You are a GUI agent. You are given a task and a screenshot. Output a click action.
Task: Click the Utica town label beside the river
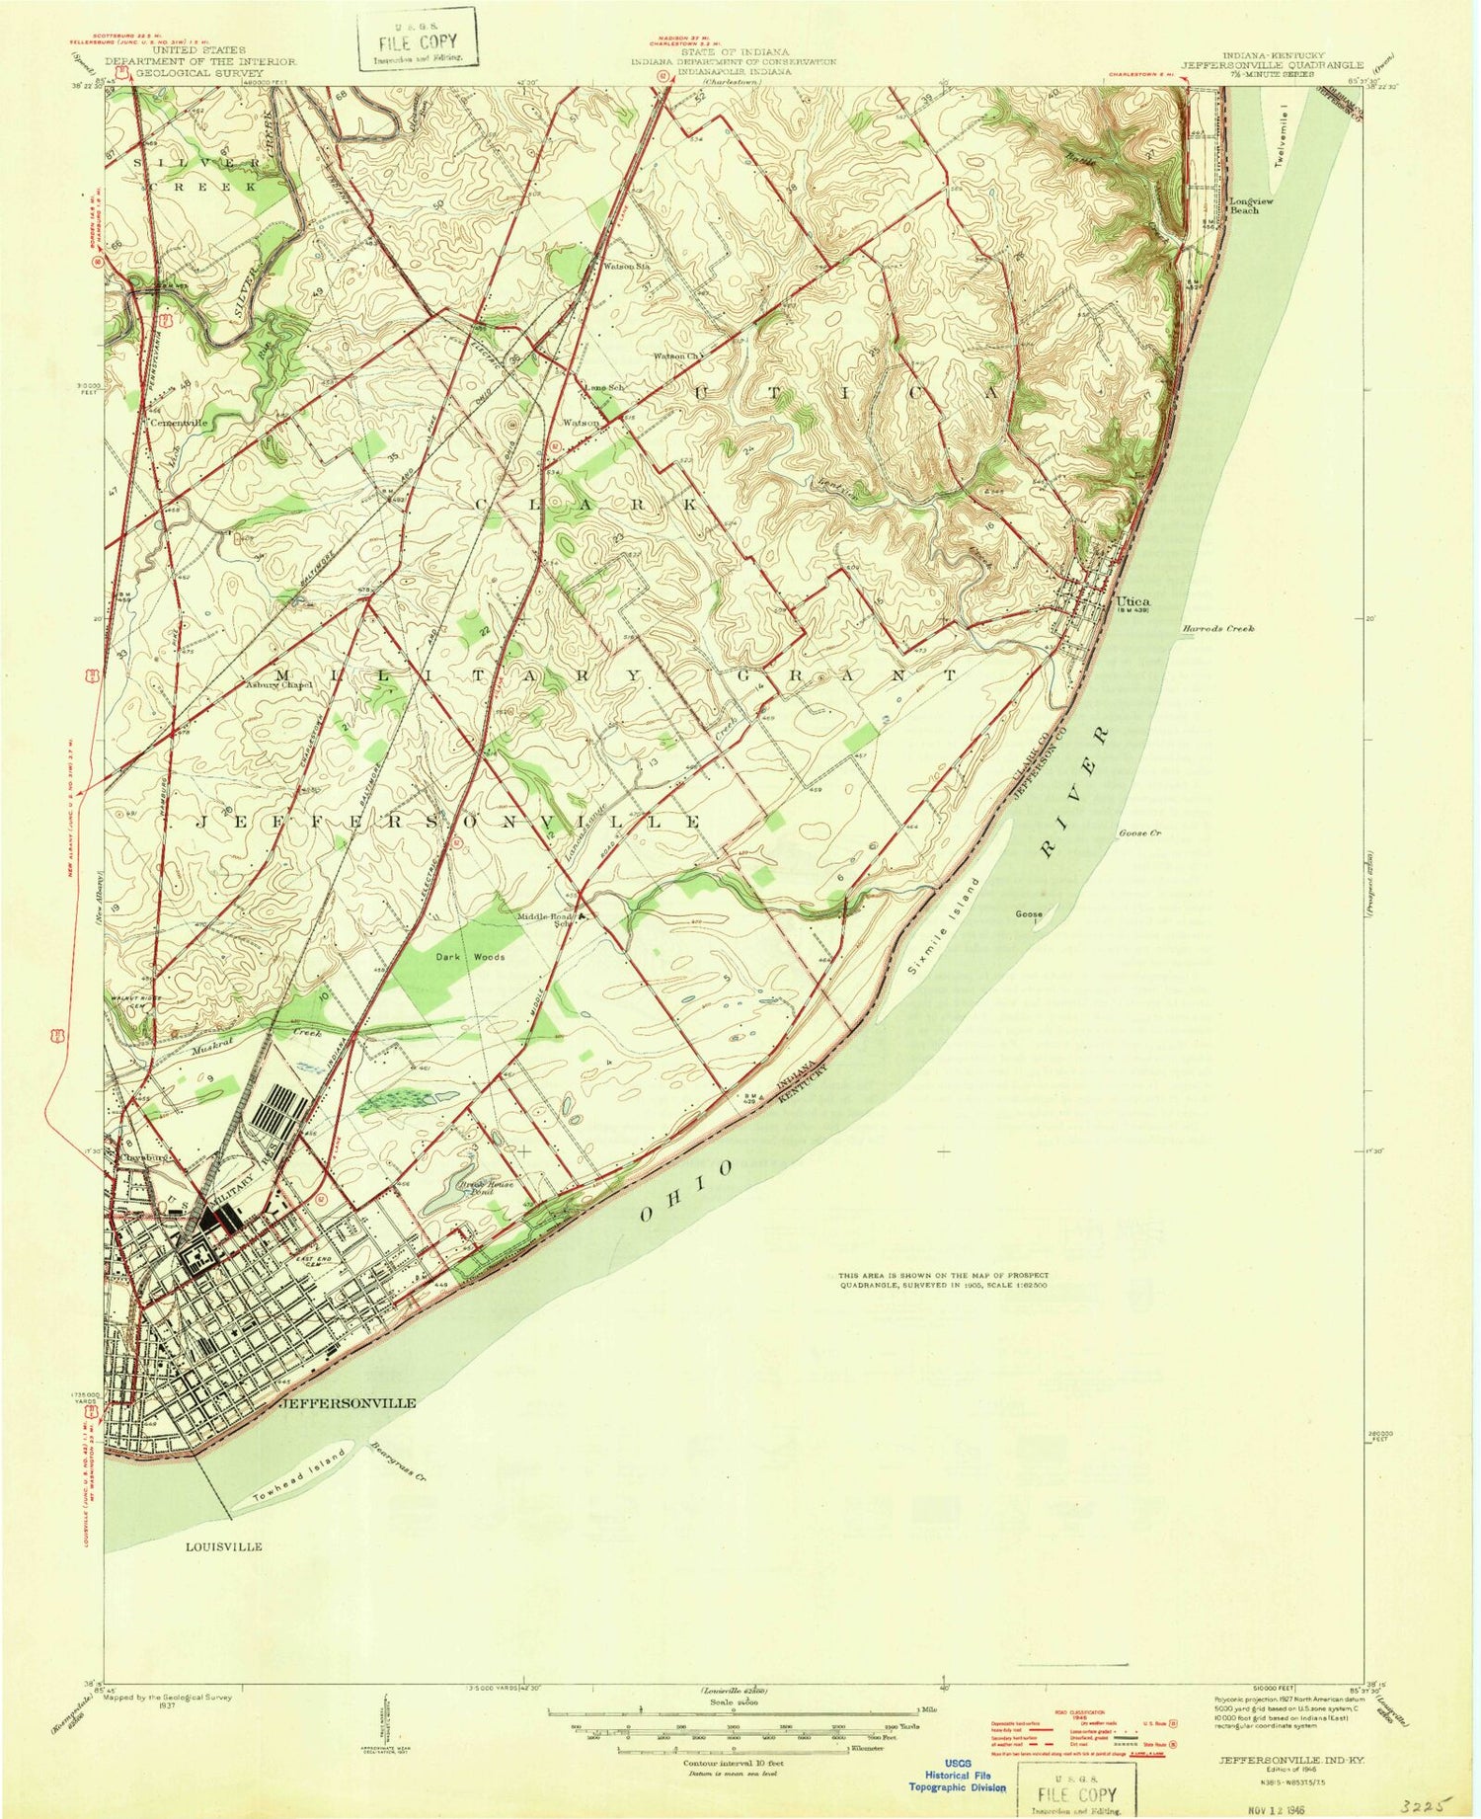coord(1132,600)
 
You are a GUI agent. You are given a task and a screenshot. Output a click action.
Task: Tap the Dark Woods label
coord(471,957)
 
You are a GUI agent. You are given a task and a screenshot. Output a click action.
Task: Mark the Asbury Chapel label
coord(278,684)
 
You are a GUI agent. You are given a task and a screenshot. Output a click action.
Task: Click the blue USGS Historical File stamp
coord(956,1773)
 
